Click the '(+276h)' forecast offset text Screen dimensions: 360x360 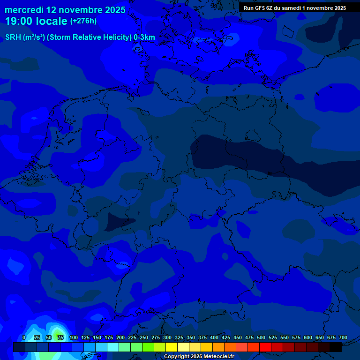pyautogui.click(x=83, y=21)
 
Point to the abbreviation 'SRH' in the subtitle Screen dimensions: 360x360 pyautogui.click(x=13, y=37)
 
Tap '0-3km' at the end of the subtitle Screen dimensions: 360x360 pyautogui.click(x=144, y=37)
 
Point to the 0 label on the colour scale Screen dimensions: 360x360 pyautogui.click(x=24, y=337)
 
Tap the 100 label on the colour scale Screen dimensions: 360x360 pyautogui.click(x=74, y=337)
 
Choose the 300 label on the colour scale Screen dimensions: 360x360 pyautogui.click(x=167, y=337)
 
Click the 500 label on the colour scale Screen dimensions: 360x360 pyautogui.click(x=261, y=337)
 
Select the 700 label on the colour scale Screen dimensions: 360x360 pyautogui.click(x=343, y=337)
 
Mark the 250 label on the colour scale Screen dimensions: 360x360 pyautogui.click(x=144, y=337)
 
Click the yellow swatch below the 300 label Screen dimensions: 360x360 pyautogui.click(x=172, y=347)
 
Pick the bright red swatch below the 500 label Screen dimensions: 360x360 pyautogui.click(x=265, y=347)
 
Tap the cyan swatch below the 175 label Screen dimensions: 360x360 pyautogui.click(x=113, y=347)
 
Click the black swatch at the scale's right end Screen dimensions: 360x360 pyautogui.click(x=336, y=347)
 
